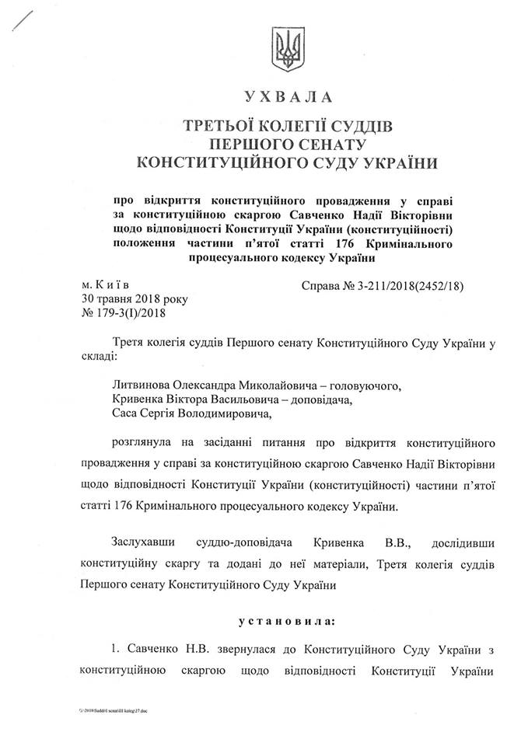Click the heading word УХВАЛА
pos(288,97)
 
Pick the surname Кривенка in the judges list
pos(138,399)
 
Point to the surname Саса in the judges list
pos(124,413)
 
